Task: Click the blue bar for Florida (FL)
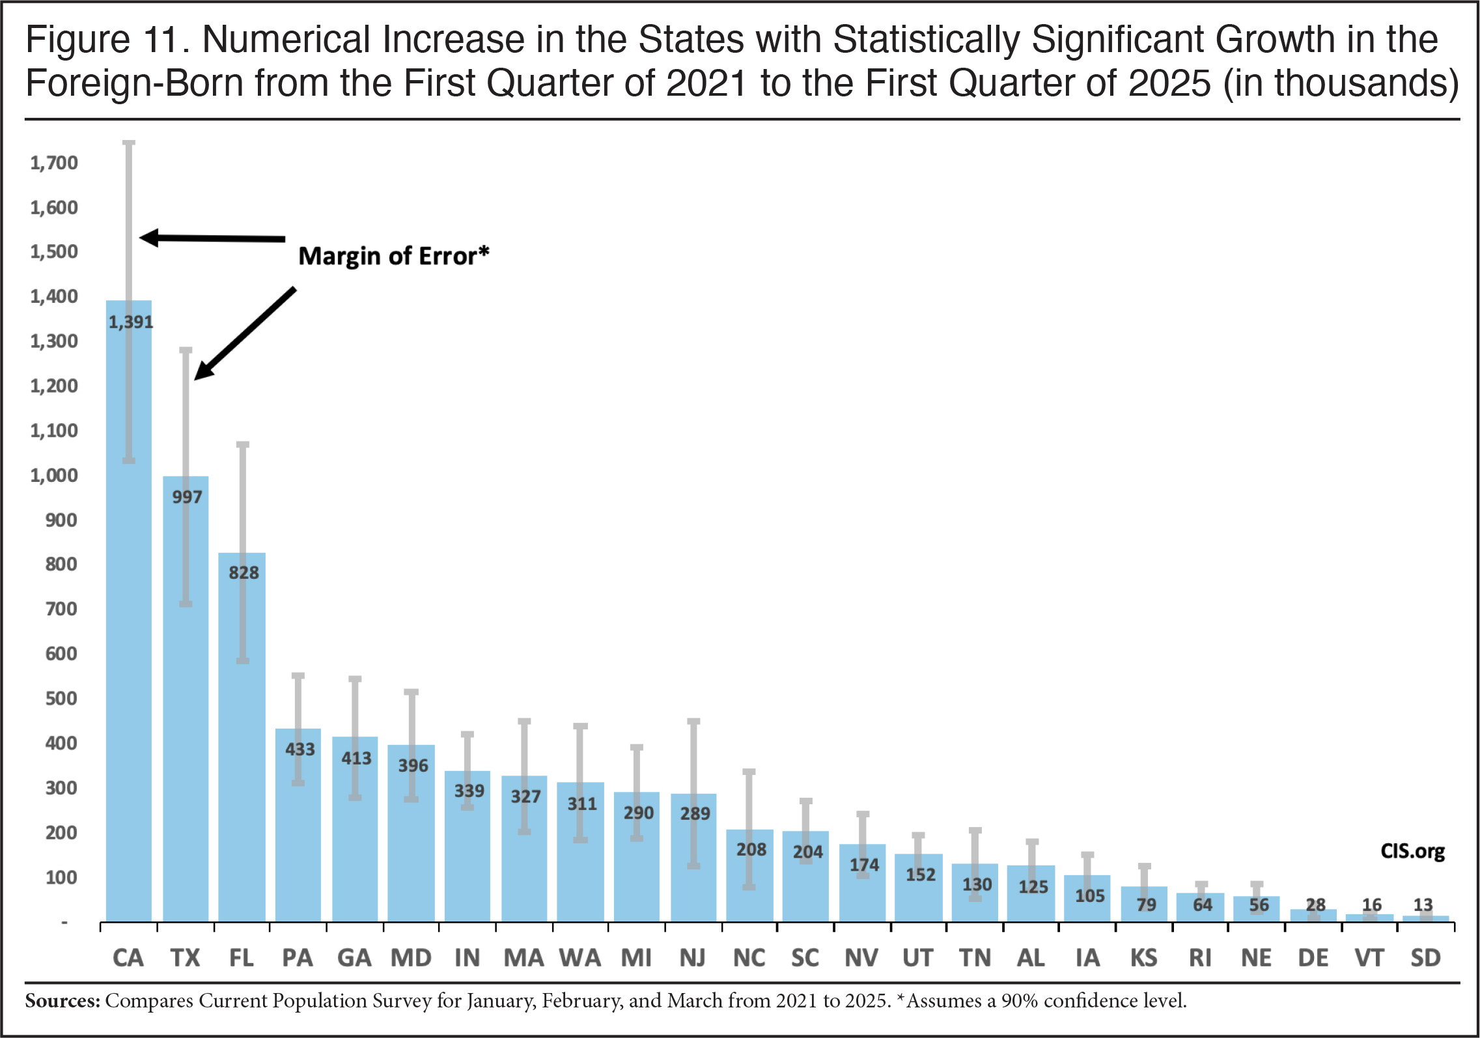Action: tap(242, 737)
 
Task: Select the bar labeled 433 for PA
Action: tap(298, 825)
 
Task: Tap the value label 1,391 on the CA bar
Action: tap(131, 322)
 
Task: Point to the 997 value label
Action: tap(187, 497)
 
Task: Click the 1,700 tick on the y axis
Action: tap(54, 163)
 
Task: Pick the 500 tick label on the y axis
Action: tap(61, 699)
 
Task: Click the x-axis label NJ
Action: tap(693, 958)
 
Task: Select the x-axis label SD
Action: tap(1425, 958)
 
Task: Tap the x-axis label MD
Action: tap(411, 958)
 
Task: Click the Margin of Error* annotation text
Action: tap(393, 256)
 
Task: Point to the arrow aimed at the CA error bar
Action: tap(212, 238)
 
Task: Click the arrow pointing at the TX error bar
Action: tap(245, 333)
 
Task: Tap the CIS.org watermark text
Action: tap(1412, 851)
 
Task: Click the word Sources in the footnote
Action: tap(63, 1000)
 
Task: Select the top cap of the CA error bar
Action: tap(129, 143)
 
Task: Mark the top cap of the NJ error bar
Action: tap(693, 722)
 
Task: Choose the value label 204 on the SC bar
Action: tap(808, 852)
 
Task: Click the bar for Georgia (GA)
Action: tap(355, 829)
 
